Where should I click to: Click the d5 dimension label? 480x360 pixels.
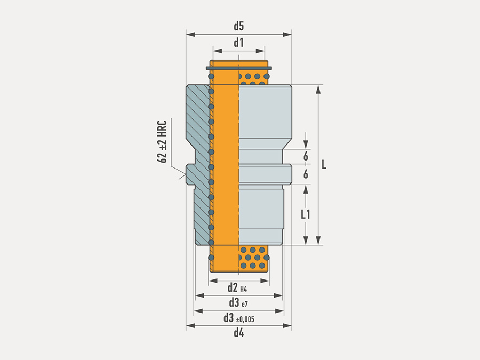[238, 26]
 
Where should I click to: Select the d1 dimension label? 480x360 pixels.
[238, 43]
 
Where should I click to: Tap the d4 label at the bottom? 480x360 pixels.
[239, 332]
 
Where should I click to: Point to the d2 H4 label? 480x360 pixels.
[237, 288]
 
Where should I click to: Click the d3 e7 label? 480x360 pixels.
[238, 303]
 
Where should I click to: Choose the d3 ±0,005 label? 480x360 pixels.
[239, 318]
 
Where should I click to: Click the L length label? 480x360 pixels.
[324, 165]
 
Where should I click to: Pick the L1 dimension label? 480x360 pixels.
[306, 214]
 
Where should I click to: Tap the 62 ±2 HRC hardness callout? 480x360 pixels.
[162, 142]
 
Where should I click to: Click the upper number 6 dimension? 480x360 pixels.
[306, 156]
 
